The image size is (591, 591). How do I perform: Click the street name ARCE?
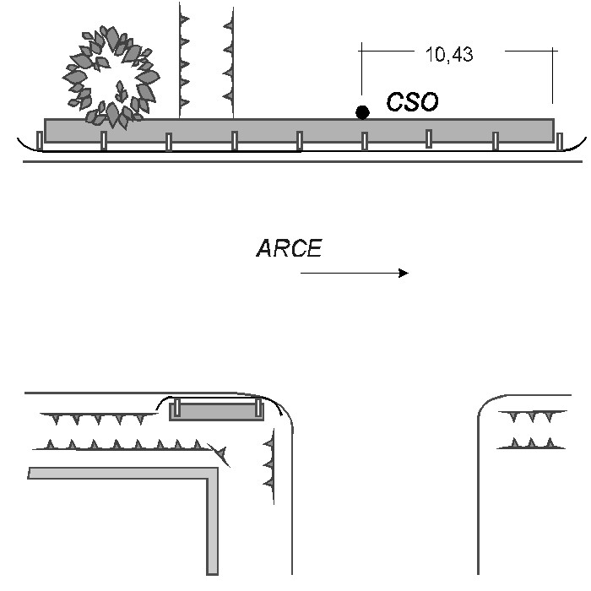tap(289, 248)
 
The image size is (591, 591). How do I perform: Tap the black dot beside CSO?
tap(362, 112)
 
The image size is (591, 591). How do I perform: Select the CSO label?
tap(412, 101)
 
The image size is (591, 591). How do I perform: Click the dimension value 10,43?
tap(449, 54)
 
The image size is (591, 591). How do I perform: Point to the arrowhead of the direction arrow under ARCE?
tap(404, 273)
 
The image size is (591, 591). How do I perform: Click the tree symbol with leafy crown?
tap(111, 78)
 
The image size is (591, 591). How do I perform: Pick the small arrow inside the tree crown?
tap(120, 91)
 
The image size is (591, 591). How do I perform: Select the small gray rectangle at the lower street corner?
tap(217, 411)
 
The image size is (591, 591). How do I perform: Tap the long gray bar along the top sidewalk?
tap(299, 131)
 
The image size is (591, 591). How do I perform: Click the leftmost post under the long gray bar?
tap(39, 140)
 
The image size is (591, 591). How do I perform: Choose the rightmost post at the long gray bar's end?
tap(560, 141)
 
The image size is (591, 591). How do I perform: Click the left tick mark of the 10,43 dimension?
tap(362, 68)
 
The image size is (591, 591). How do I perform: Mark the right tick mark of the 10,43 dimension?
tap(552, 75)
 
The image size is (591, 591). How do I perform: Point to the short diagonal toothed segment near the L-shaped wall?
tap(219, 455)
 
